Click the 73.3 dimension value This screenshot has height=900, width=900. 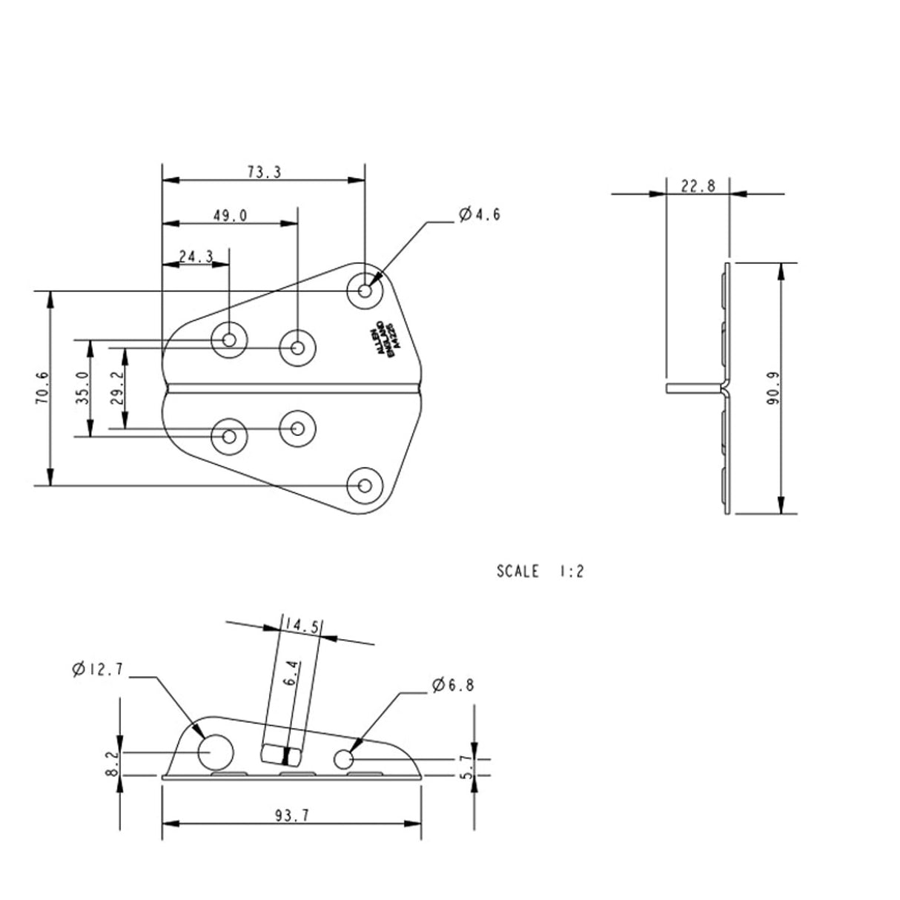tap(264, 172)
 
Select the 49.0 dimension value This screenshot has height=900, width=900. tap(230, 216)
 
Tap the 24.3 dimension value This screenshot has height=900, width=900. tap(196, 256)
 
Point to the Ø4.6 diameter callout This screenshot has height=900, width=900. tap(480, 215)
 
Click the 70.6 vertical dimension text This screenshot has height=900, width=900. tap(42, 388)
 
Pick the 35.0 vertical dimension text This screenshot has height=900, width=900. tap(82, 388)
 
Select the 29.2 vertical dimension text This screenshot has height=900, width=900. tap(116, 388)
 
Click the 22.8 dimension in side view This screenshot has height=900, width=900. tap(698, 185)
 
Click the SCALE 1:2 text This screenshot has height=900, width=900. tap(540, 572)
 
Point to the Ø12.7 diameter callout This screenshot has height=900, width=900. tap(98, 669)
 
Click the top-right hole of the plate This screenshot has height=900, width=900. tap(365, 290)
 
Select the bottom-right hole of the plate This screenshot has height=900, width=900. tap(364, 485)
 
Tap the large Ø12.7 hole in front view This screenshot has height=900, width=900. tap(215, 751)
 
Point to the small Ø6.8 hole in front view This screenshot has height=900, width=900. tap(343, 759)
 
